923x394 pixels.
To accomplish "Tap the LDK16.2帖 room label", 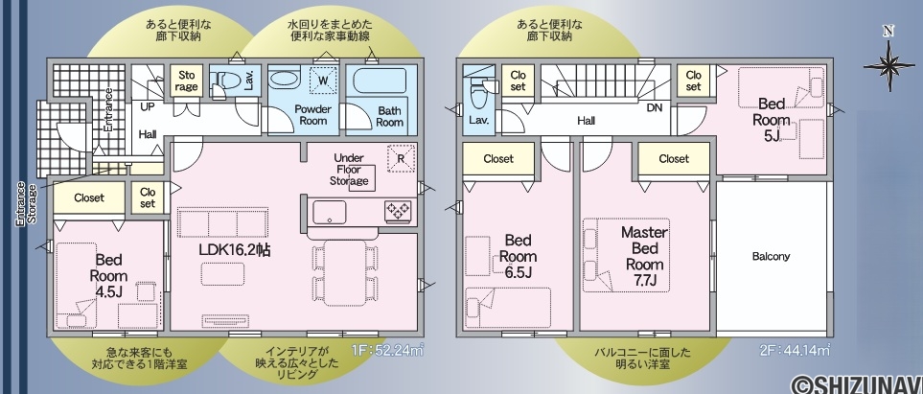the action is (234, 249).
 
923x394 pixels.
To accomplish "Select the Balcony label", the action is (772, 257).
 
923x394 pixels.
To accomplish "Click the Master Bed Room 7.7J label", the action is (645, 256).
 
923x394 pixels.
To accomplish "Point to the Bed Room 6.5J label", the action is (518, 256).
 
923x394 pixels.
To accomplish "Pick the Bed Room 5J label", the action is (772, 120).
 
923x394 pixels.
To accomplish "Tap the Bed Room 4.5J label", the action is (108, 275).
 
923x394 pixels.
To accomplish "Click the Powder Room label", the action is (313, 115).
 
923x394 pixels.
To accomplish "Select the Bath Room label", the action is (389, 117).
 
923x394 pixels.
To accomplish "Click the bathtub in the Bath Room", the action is (381, 81).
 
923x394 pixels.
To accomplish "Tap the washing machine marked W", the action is (323, 81).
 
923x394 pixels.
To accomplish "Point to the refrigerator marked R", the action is (401, 158).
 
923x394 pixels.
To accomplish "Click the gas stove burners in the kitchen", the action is (399, 211).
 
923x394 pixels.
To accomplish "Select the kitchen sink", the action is (330, 212).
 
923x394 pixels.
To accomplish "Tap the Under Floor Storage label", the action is (349, 170).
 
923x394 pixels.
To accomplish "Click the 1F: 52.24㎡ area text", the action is (388, 350).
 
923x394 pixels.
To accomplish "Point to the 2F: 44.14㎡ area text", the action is (795, 350).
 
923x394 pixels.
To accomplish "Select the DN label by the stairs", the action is (655, 108).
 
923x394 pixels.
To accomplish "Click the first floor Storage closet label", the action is (187, 81).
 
